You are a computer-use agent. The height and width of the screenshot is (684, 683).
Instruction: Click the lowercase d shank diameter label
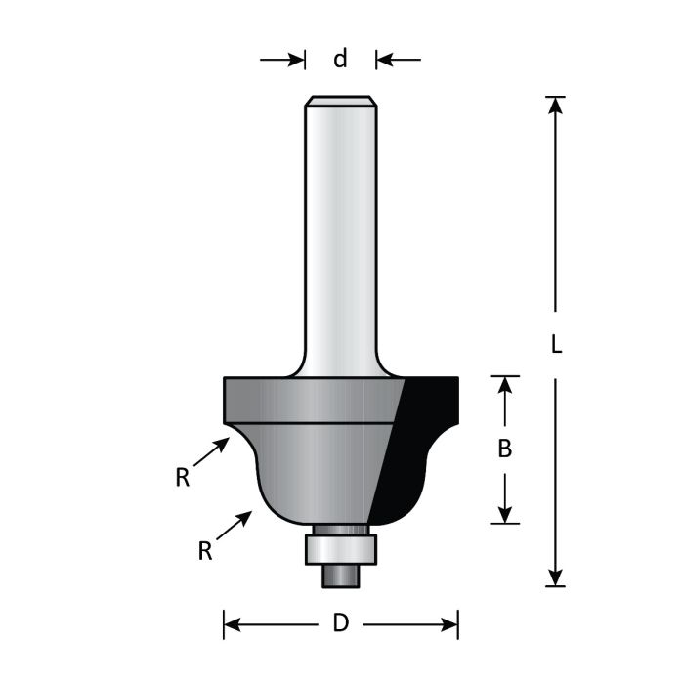click(340, 59)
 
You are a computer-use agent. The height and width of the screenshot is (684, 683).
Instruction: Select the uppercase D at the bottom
click(340, 623)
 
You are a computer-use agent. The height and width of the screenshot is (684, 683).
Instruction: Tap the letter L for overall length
click(555, 345)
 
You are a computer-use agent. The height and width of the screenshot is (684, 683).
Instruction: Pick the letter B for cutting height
click(505, 449)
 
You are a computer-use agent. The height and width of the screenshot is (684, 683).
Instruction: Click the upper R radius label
click(182, 478)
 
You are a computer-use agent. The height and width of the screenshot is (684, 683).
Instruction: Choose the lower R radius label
click(205, 551)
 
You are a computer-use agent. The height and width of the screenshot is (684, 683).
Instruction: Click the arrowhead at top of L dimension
click(555, 106)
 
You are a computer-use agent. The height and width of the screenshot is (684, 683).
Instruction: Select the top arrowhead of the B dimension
click(505, 385)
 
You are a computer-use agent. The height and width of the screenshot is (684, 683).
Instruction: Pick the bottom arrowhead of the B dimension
click(505, 514)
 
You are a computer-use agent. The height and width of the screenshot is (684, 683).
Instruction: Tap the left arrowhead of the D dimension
click(235, 623)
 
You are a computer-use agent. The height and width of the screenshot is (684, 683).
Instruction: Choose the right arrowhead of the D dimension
click(448, 623)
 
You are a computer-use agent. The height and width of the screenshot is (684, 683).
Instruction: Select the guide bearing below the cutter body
click(340, 547)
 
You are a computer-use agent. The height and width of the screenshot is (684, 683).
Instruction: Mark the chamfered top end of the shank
click(340, 100)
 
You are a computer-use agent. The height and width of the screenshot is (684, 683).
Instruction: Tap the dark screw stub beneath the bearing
click(341, 576)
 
